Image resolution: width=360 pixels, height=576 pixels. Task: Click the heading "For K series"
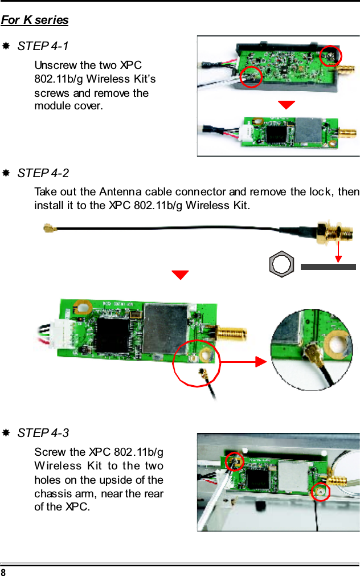[35, 21]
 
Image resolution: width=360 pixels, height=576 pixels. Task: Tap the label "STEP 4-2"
[43, 173]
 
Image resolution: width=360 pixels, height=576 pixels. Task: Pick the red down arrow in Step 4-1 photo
[286, 104]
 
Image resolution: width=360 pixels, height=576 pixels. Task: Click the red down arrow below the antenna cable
[181, 275]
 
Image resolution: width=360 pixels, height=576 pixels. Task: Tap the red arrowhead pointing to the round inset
[260, 361]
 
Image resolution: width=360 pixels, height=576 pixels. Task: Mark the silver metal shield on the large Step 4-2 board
[166, 323]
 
